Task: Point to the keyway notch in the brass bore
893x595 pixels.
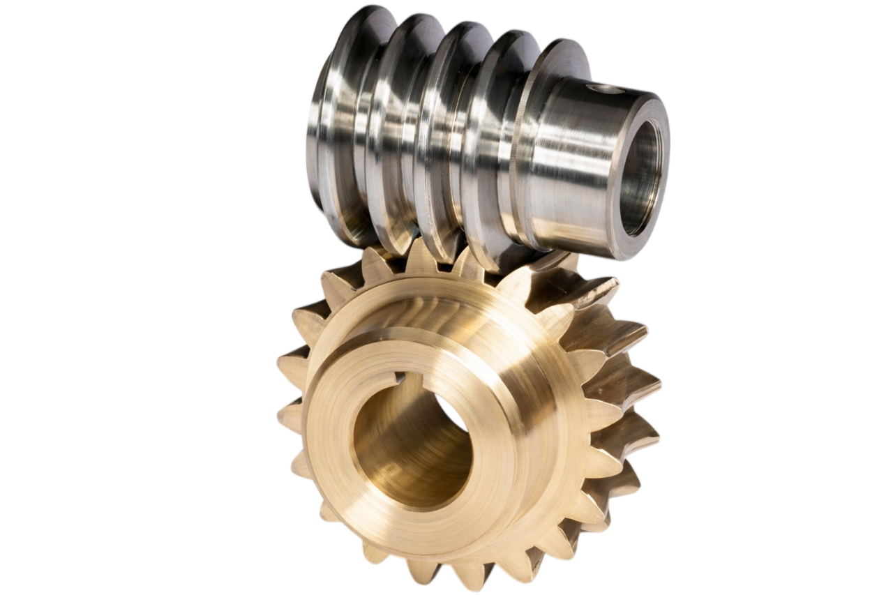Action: point(399,378)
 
